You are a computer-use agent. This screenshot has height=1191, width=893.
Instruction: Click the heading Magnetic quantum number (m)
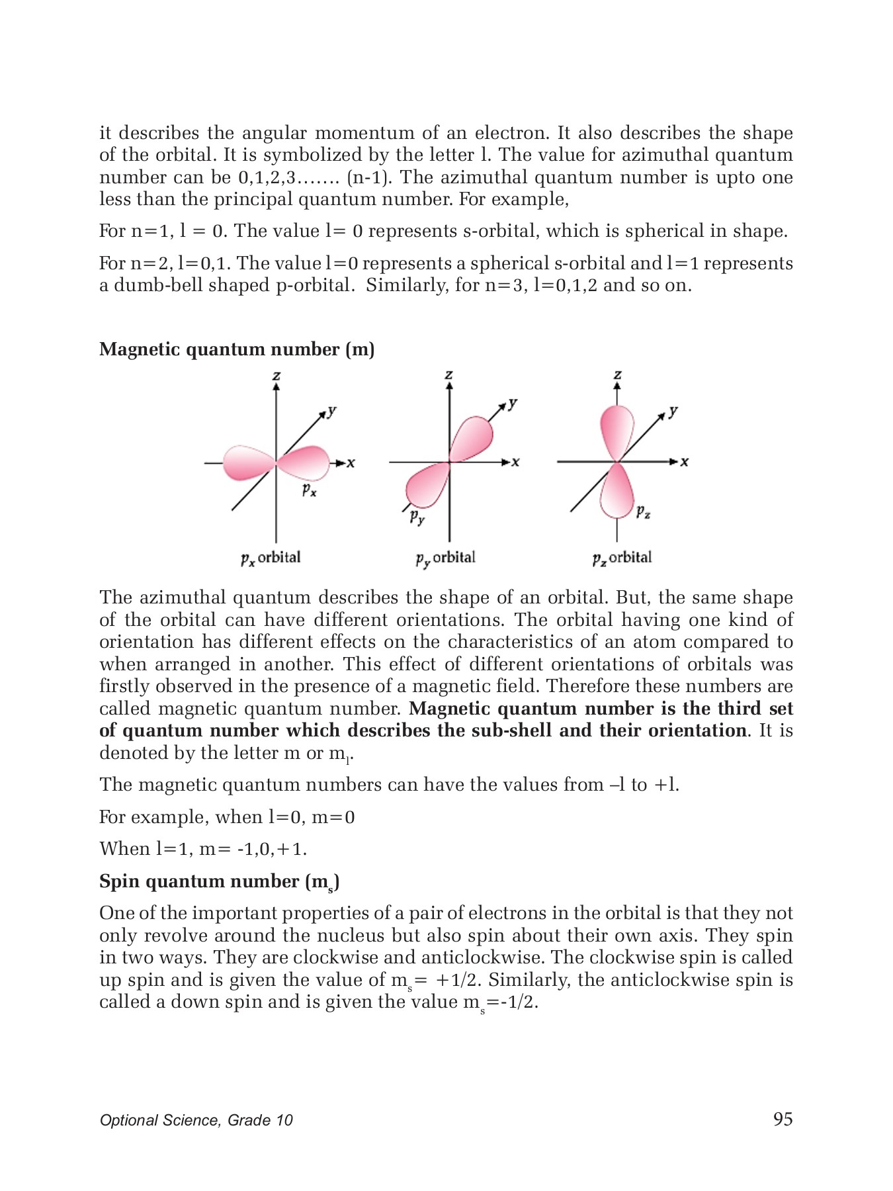(x=237, y=349)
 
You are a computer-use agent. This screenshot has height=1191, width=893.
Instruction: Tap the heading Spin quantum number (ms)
(x=219, y=882)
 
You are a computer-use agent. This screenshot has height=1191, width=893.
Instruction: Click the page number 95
(x=783, y=1119)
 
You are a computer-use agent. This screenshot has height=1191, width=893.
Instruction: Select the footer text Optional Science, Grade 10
(x=196, y=1120)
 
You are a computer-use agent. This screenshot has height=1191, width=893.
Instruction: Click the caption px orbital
(x=271, y=558)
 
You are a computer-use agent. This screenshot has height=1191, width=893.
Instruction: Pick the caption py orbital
(x=445, y=558)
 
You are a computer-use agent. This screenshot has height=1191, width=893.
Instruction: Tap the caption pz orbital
(x=622, y=558)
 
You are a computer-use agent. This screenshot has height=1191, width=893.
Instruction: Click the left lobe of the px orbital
(x=247, y=463)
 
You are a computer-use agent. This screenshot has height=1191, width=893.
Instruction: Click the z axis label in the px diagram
(x=276, y=376)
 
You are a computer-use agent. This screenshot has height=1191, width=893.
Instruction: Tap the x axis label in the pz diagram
(x=685, y=462)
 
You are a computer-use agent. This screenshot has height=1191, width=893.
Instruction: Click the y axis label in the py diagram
(x=513, y=404)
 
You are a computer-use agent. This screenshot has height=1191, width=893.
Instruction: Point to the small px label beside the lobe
(x=309, y=490)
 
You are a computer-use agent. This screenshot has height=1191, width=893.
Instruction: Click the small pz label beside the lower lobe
(x=643, y=511)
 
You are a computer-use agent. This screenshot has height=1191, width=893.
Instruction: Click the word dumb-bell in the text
(x=159, y=285)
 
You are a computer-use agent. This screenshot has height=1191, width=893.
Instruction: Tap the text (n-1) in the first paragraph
(x=368, y=177)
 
